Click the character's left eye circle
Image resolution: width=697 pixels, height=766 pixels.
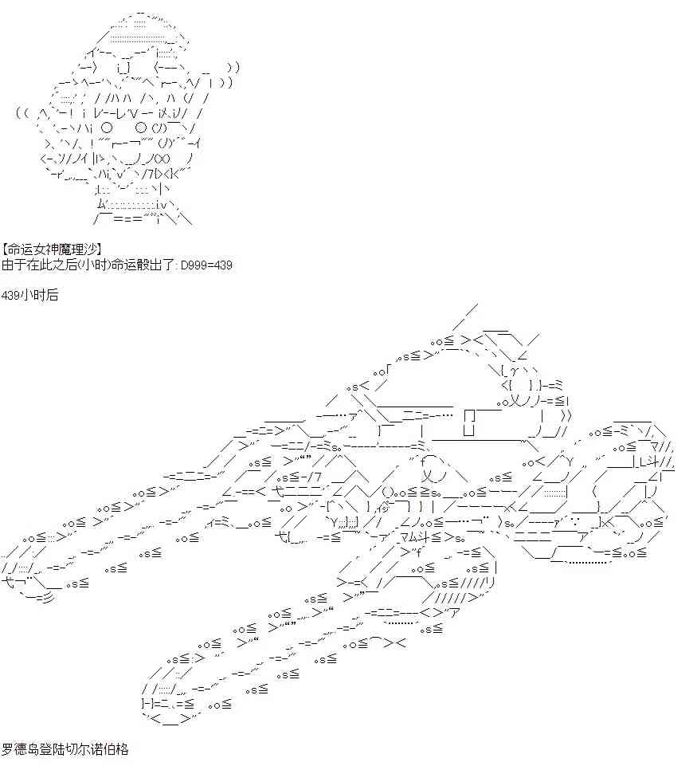[107, 128]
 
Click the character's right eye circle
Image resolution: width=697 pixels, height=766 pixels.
[140, 128]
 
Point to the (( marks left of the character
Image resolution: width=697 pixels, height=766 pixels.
[23, 113]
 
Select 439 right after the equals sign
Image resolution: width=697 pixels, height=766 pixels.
[223, 265]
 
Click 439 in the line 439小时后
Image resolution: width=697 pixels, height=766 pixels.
[10, 295]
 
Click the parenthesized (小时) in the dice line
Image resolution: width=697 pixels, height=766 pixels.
[95, 265]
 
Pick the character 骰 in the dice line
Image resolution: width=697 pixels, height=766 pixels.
[143, 265]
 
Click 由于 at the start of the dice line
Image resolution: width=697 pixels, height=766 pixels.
[14, 265]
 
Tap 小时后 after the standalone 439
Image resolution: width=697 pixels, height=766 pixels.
[39, 295]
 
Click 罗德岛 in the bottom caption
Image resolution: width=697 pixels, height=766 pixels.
[20, 750]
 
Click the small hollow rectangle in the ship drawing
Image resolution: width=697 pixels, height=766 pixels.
[469, 422]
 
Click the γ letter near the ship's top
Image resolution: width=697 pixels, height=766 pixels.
[514, 372]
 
